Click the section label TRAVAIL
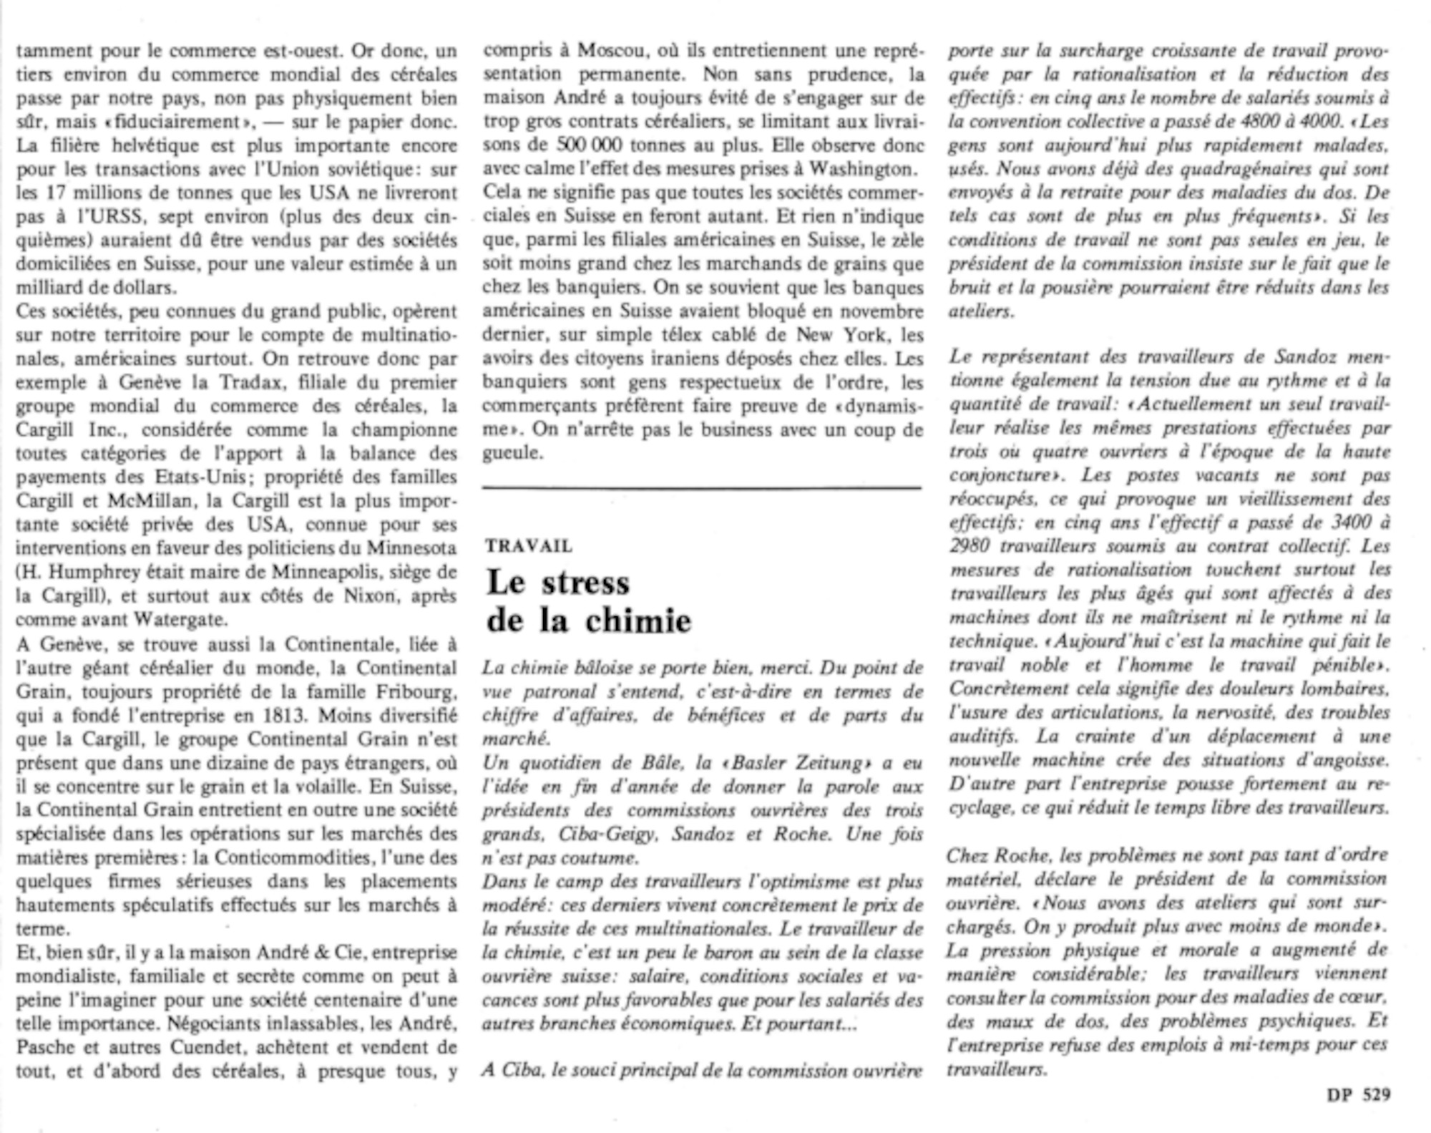(529, 546)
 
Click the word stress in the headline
(585, 583)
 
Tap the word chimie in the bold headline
(638, 621)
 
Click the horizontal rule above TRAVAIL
(702, 488)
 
